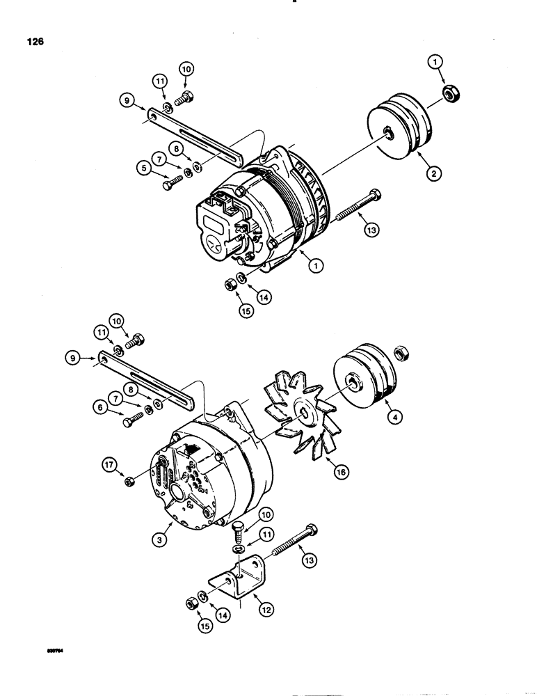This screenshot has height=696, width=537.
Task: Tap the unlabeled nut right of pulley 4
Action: click(401, 354)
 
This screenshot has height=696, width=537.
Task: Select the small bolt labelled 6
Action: click(131, 420)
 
